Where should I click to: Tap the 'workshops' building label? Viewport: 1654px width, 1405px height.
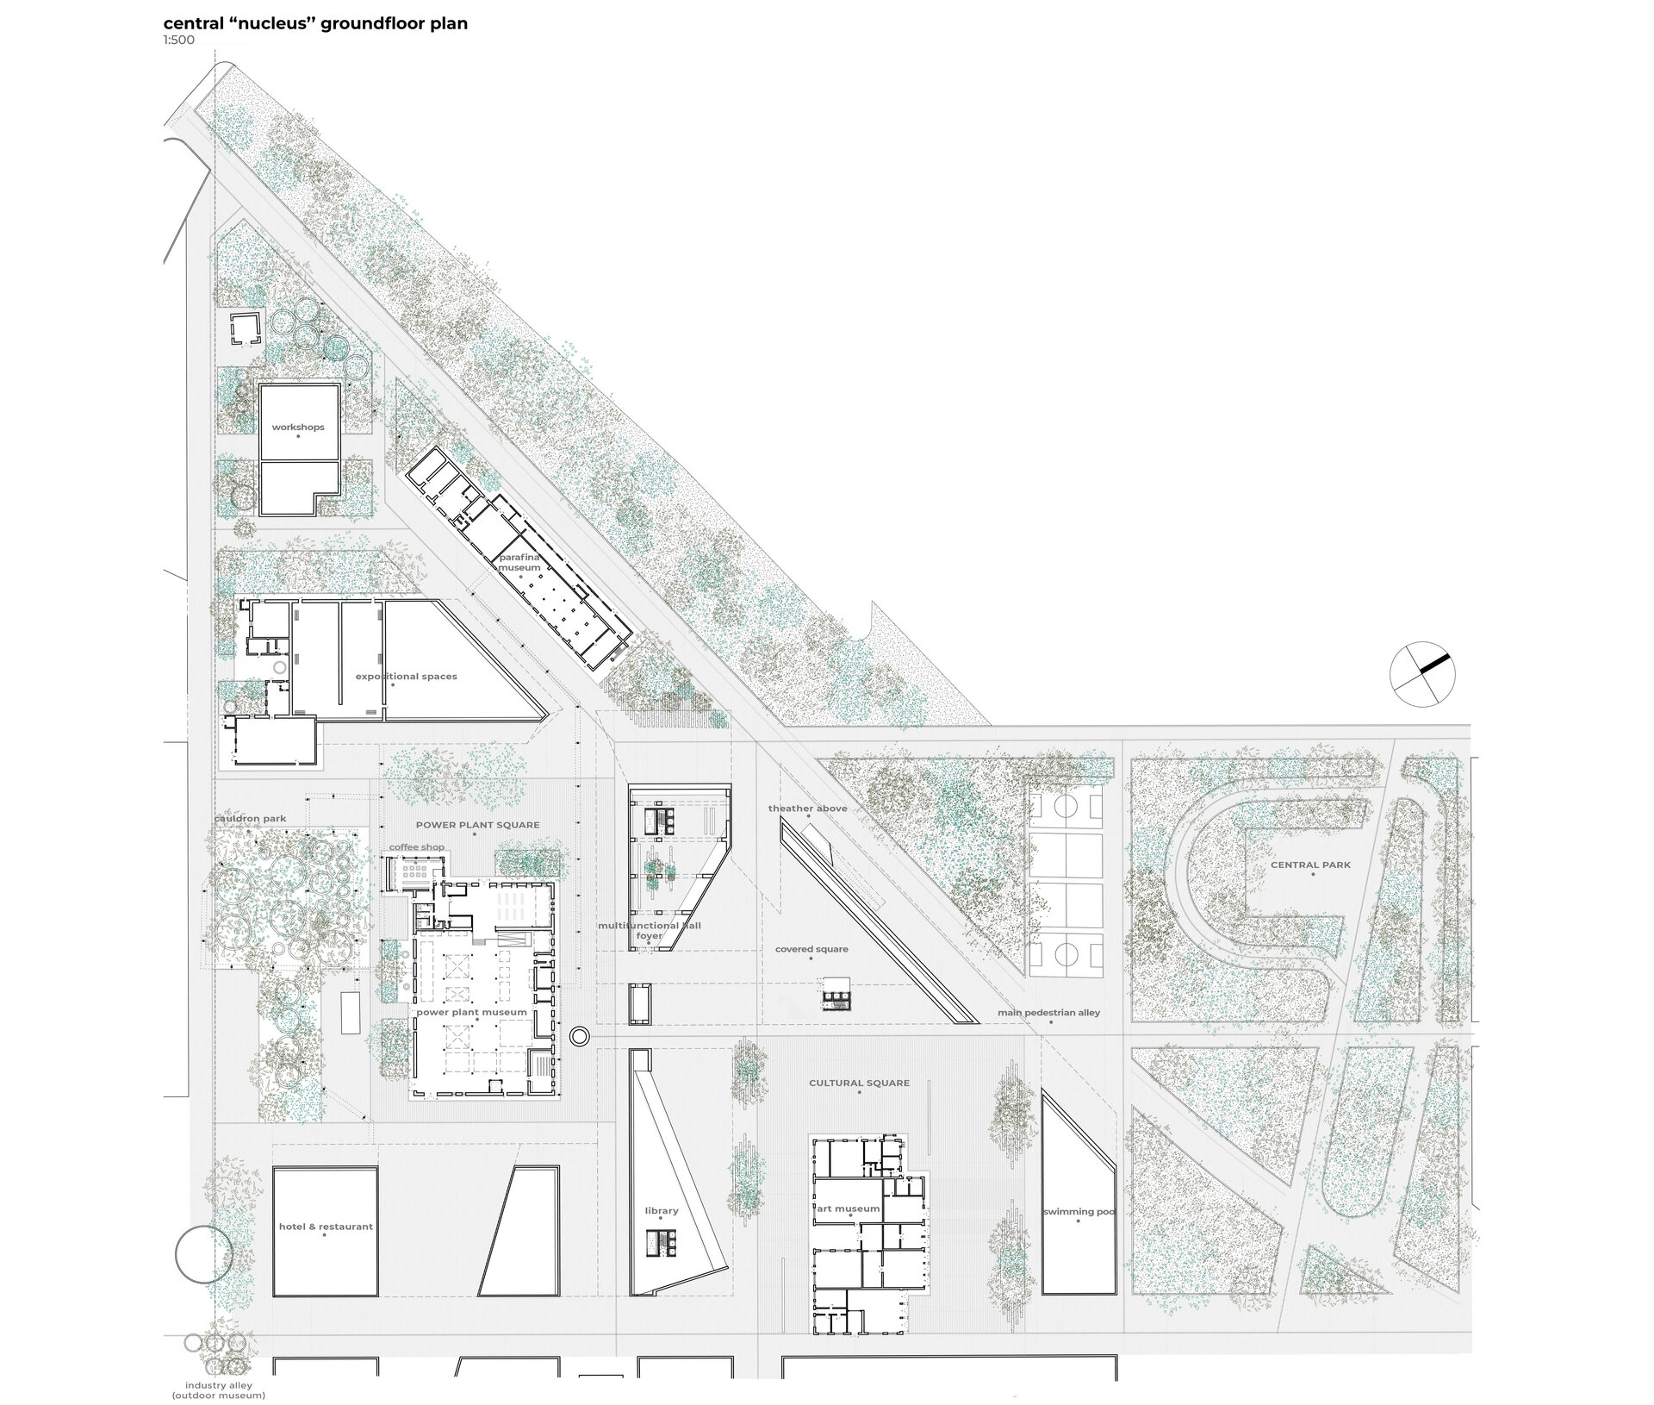coord(298,428)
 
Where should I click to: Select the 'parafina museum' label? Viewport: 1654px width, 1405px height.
coord(520,563)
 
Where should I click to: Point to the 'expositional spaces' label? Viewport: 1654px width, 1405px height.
coord(407,677)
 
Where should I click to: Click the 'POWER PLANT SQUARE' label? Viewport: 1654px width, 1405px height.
coord(477,825)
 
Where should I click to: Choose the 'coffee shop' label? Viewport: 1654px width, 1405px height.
coord(417,847)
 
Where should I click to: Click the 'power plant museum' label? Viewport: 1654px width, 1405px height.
coord(471,1012)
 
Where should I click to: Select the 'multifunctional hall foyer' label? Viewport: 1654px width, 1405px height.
coord(650,931)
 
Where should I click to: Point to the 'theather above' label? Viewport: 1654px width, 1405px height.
coord(808,809)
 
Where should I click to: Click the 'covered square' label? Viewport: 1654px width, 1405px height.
coord(811,949)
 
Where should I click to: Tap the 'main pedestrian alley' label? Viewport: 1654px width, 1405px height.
coord(1049,1013)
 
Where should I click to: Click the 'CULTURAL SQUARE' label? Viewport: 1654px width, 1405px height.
coord(859,1083)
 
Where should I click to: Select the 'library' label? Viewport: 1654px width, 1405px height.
coord(662,1211)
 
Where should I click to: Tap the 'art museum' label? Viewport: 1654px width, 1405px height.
coord(849,1208)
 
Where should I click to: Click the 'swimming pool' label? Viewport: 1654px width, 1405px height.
coord(1079,1212)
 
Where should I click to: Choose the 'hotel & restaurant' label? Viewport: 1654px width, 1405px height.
coord(326,1227)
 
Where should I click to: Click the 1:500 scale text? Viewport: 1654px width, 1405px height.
coord(179,40)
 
